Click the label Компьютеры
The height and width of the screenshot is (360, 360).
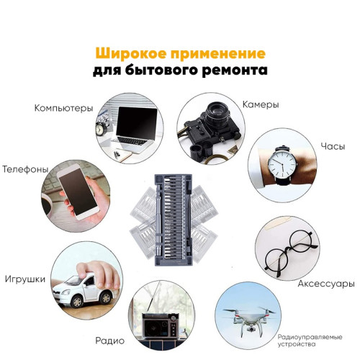point(63,108)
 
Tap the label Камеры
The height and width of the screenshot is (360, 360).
point(261,104)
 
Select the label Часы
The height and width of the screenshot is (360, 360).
point(333,146)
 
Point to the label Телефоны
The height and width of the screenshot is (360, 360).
point(25,169)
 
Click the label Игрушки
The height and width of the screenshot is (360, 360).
point(25,279)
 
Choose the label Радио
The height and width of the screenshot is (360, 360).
point(110,341)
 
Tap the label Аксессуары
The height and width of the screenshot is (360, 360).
point(326,284)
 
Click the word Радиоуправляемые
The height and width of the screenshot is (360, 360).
point(310,337)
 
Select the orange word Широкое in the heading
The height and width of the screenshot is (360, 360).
point(131,53)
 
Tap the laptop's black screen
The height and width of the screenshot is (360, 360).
point(136,122)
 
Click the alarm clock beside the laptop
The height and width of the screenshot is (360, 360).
point(102,128)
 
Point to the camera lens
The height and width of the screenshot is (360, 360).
point(218,113)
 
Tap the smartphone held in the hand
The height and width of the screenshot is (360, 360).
point(78,192)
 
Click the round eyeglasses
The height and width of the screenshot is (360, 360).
point(291,252)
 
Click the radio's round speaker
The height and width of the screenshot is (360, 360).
point(153,328)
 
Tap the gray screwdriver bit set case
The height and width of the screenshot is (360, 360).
point(174,220)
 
